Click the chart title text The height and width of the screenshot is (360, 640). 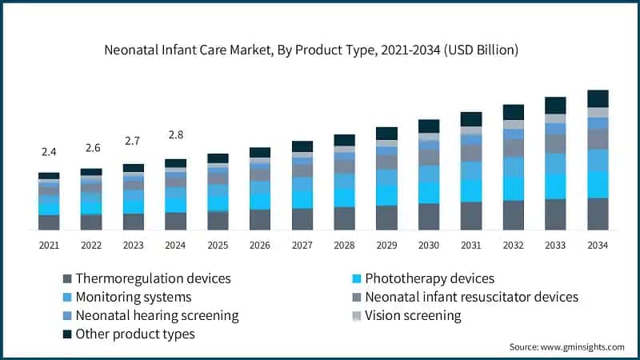pyautogui.click(x=311, y=50)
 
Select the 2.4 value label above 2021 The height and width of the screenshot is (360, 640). pyautogui.click(x=49, y=151)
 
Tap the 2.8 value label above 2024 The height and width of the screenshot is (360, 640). pyautogui.click(x=175, y=134)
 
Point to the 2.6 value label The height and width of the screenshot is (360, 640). pyautogui.click(x=91, y=147)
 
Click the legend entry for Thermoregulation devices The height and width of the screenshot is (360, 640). pyautogui.click(x=152, y=278)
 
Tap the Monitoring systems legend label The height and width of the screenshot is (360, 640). pyautogui.click(x=133, y=297)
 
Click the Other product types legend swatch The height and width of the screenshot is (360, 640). pyautogui.click(x=67, y=334)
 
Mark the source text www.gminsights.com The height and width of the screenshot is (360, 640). pyautogui.click(x=566, y=346)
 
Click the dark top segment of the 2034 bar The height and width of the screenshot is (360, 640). pyautogui.click(x=598, y=98)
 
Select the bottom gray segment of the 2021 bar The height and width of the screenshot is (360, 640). pyautogui.click(x=49, y=222)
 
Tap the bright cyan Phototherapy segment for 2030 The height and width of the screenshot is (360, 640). pyautogui.click(x=429, y=192)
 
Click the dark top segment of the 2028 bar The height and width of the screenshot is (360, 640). pyautogui.click(x=344, y=140)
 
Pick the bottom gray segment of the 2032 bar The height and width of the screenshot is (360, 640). pyautogui.click(x=514, y=214)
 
